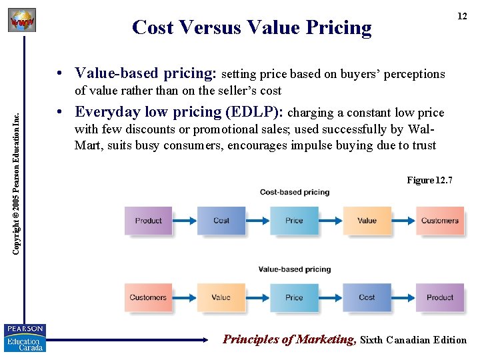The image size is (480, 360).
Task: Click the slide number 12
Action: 462,17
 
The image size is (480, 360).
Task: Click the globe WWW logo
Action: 21,21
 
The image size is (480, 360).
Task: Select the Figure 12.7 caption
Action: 429,180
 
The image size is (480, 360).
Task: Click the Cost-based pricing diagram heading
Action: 295,192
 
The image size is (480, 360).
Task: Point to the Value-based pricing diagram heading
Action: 295,269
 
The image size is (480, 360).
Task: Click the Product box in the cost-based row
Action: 148,221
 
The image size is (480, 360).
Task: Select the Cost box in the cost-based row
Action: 221,221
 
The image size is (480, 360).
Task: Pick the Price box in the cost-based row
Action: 294,221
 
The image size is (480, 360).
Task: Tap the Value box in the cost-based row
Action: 367,221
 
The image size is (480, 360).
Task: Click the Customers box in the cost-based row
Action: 440,221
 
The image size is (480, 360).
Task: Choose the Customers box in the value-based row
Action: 148,297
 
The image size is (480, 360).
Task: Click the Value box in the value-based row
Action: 221,297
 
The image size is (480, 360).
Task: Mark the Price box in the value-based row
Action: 294,297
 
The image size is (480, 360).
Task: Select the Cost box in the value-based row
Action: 367,297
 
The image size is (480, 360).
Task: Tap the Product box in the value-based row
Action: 440,297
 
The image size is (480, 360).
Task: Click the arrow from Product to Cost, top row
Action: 185,221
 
